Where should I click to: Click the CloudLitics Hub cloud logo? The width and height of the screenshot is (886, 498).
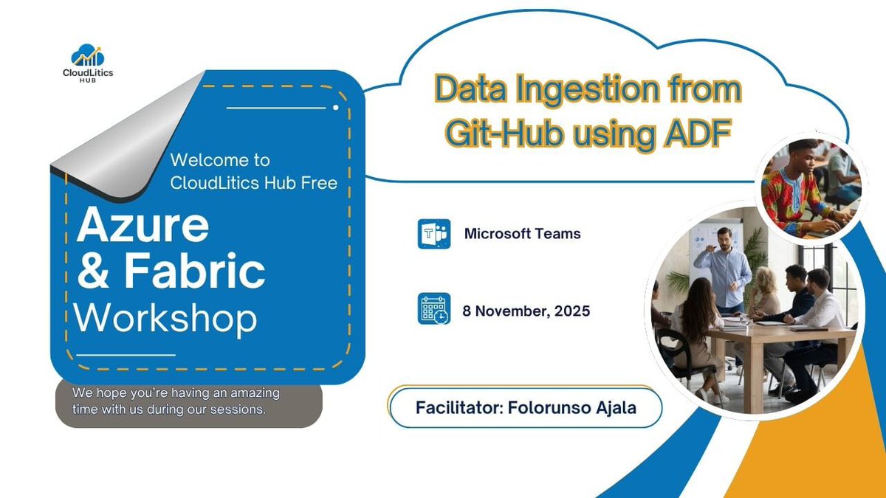(x=88, y=56)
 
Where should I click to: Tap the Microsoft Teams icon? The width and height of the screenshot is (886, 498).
(x=433, y=234)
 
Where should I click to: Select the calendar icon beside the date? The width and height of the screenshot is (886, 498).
(x=433, y=309)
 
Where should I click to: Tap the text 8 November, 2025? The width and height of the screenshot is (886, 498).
(x=526, y=311)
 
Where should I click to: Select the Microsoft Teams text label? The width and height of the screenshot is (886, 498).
(x=522, y=234)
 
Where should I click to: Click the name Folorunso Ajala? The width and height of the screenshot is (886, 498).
(x=572, y=407)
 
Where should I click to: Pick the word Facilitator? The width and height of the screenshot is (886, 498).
(x=457, y=407)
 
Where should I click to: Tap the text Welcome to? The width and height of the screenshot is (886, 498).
(x=219, y=159)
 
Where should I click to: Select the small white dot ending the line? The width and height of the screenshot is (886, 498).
(x=336, y=108)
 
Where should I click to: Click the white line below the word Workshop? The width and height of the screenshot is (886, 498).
(x=126, y=355)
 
